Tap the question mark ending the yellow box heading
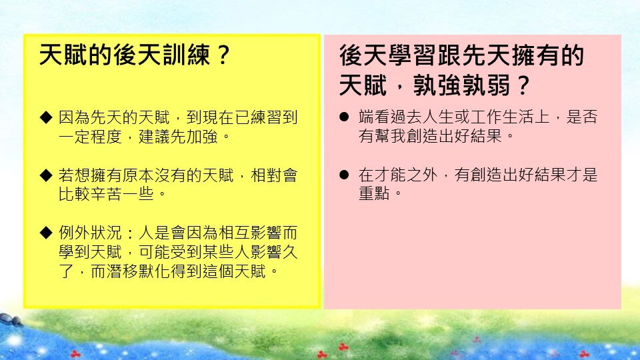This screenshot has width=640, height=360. click(223, 55)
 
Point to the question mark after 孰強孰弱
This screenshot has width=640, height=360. click(523, 85)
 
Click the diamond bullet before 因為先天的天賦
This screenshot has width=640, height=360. click(46, 117)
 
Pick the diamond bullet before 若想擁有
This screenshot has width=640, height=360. click(46, 175)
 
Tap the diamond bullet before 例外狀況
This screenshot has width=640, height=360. click(46, 233)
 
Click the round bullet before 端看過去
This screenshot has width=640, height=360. click(344, 117)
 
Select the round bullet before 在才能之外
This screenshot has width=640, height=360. click(344, 175)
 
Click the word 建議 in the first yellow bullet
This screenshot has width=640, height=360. click(155, 137)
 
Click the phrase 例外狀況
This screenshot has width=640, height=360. click(91, 233)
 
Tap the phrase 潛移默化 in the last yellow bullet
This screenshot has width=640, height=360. click(139, 271)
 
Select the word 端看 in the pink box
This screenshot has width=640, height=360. click(375, 117)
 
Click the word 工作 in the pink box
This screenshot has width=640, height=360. click(487, 117)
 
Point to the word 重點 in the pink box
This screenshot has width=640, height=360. click(375, 193)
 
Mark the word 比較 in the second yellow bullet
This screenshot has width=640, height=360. click(75, 194)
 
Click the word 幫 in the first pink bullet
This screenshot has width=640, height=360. click(383, 136)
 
